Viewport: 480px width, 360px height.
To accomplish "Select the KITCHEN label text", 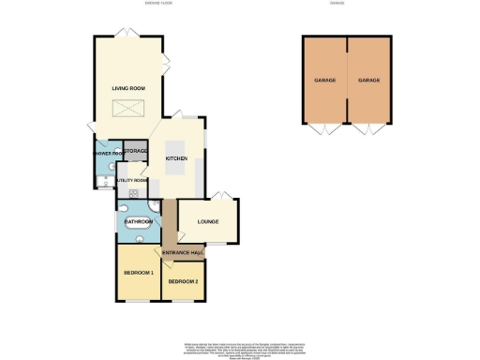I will pyautogui.click(x=177, y=158).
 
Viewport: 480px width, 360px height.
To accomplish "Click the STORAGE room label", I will pyautogui.click(x=136, y=150).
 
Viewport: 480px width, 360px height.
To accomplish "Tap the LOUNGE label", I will pyautogui.click(x=207, y=222).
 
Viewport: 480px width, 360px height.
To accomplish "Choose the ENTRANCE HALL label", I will pyautogui.click(x=184, y=253).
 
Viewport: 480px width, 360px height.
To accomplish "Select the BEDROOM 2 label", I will pyautogui.click(x=183, y=280).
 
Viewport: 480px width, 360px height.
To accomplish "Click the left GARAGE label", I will pyautogui.click(x=324, y=81).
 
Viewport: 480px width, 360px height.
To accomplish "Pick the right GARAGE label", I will pyautogui.click(x=368, y=81).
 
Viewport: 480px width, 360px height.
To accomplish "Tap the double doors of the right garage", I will pyautogui.click(x=367, y=128).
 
